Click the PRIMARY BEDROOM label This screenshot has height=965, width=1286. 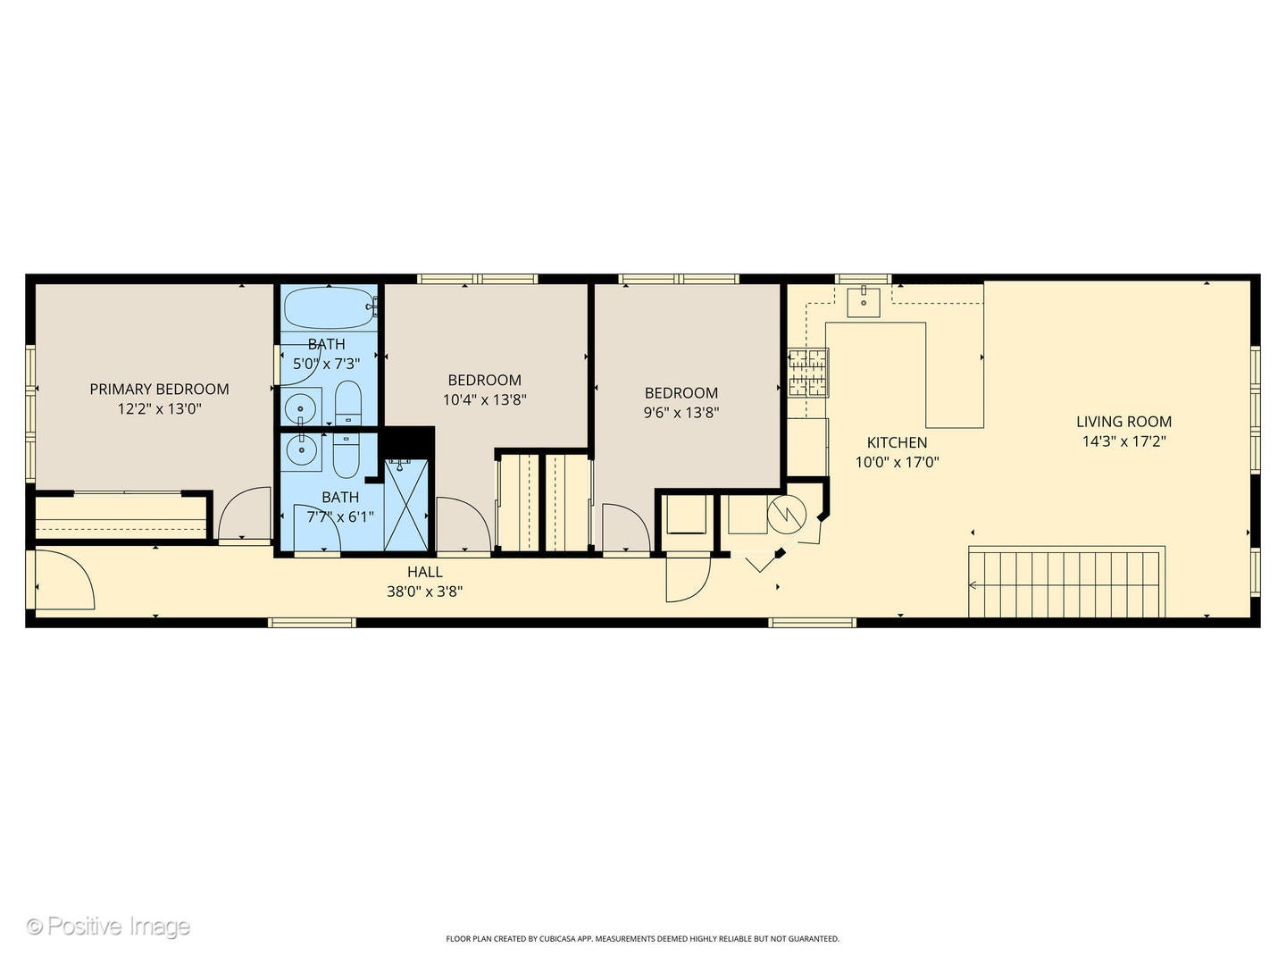159,389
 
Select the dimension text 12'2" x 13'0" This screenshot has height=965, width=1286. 159,409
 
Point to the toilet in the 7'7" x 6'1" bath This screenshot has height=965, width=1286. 346,456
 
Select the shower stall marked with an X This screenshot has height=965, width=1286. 406,506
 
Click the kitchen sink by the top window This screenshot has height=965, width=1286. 864,302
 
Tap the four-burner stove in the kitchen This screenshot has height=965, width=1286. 807,373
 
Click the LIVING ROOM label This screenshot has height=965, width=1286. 1123,422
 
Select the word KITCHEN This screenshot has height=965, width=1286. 897,442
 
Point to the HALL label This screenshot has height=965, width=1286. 424,572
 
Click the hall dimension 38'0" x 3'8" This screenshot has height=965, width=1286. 424,592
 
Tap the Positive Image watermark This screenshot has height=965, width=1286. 108,926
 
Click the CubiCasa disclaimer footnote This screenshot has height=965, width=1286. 642,939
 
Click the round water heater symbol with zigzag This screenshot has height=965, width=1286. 787,512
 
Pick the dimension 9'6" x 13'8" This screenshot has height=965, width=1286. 681,413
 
